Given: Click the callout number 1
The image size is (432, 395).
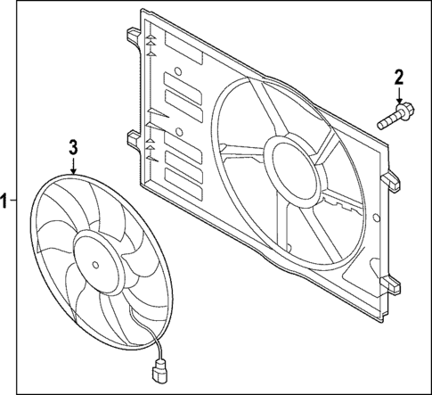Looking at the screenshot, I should [x=6, y=202].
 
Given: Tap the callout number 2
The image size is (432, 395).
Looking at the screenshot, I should [x=399, y=78].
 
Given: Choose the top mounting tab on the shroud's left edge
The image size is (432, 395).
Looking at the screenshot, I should [x=131, y=37].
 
